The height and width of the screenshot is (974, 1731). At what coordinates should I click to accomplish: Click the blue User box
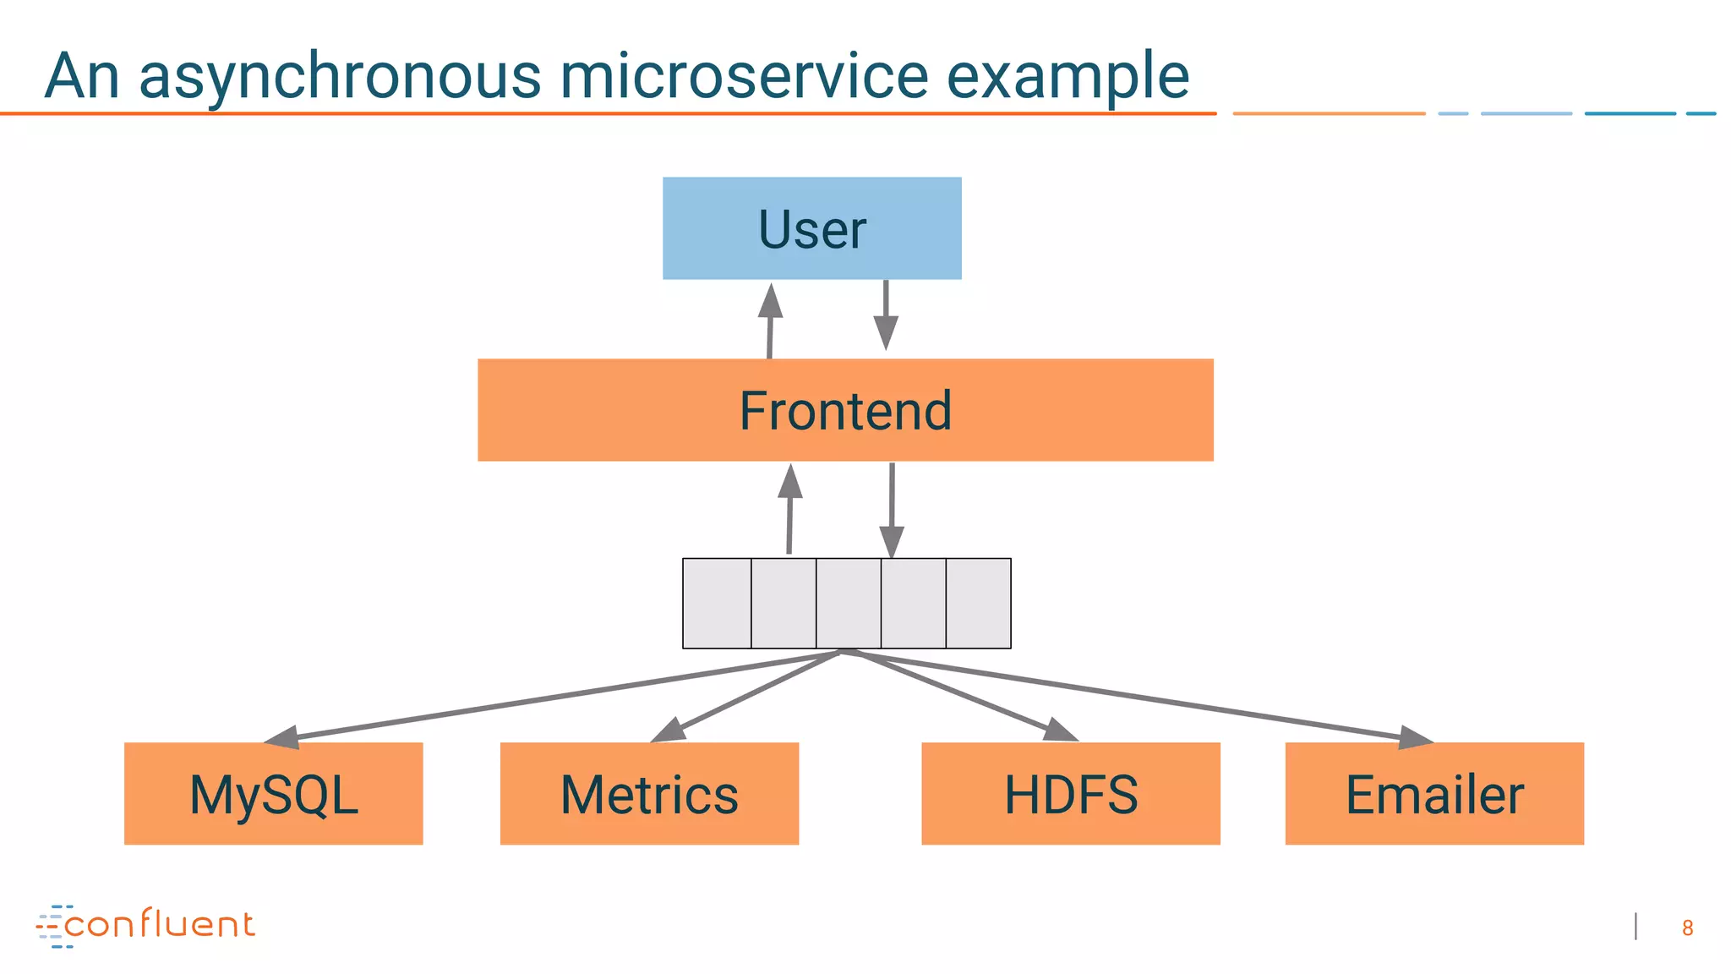point(811,228)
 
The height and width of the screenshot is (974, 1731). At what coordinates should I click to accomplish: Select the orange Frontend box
point(845,410)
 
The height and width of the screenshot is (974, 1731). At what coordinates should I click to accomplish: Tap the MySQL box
point(273,793)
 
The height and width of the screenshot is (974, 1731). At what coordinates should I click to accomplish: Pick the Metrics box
point(649,793)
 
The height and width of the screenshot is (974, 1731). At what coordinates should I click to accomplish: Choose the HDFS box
point(1070,793)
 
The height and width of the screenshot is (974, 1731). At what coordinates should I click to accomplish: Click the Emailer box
point(1434,793)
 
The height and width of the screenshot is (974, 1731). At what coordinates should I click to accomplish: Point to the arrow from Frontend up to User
point(770,321)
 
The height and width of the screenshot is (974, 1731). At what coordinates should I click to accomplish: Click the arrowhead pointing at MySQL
point(283,737)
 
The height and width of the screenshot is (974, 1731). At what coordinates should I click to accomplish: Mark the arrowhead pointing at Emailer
point(1415,738)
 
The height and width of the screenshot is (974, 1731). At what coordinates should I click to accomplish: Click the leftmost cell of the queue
point(717,603)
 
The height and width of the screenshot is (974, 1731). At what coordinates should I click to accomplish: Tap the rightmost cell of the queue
point(978,603)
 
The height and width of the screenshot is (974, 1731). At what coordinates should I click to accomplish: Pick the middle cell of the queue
point(849,603)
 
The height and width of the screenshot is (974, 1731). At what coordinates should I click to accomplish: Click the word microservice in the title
point(744,76)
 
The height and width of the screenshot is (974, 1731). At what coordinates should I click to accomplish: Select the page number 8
point(1687,928)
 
